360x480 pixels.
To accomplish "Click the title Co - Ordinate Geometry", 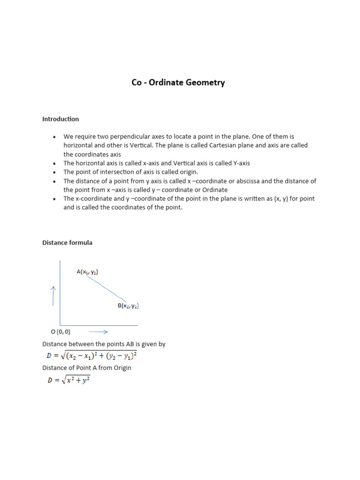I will click(x=178, y=82).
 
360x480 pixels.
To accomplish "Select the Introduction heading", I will click(x=60, y=119).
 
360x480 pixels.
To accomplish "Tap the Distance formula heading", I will click(x=67, y=243).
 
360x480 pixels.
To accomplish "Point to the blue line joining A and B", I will click(x=106, y=288).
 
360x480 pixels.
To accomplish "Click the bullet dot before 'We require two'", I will click(x=55, y=137).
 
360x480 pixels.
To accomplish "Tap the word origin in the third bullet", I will click(x=188, y=172).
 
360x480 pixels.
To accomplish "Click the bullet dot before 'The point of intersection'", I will click(x=55, y=172).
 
